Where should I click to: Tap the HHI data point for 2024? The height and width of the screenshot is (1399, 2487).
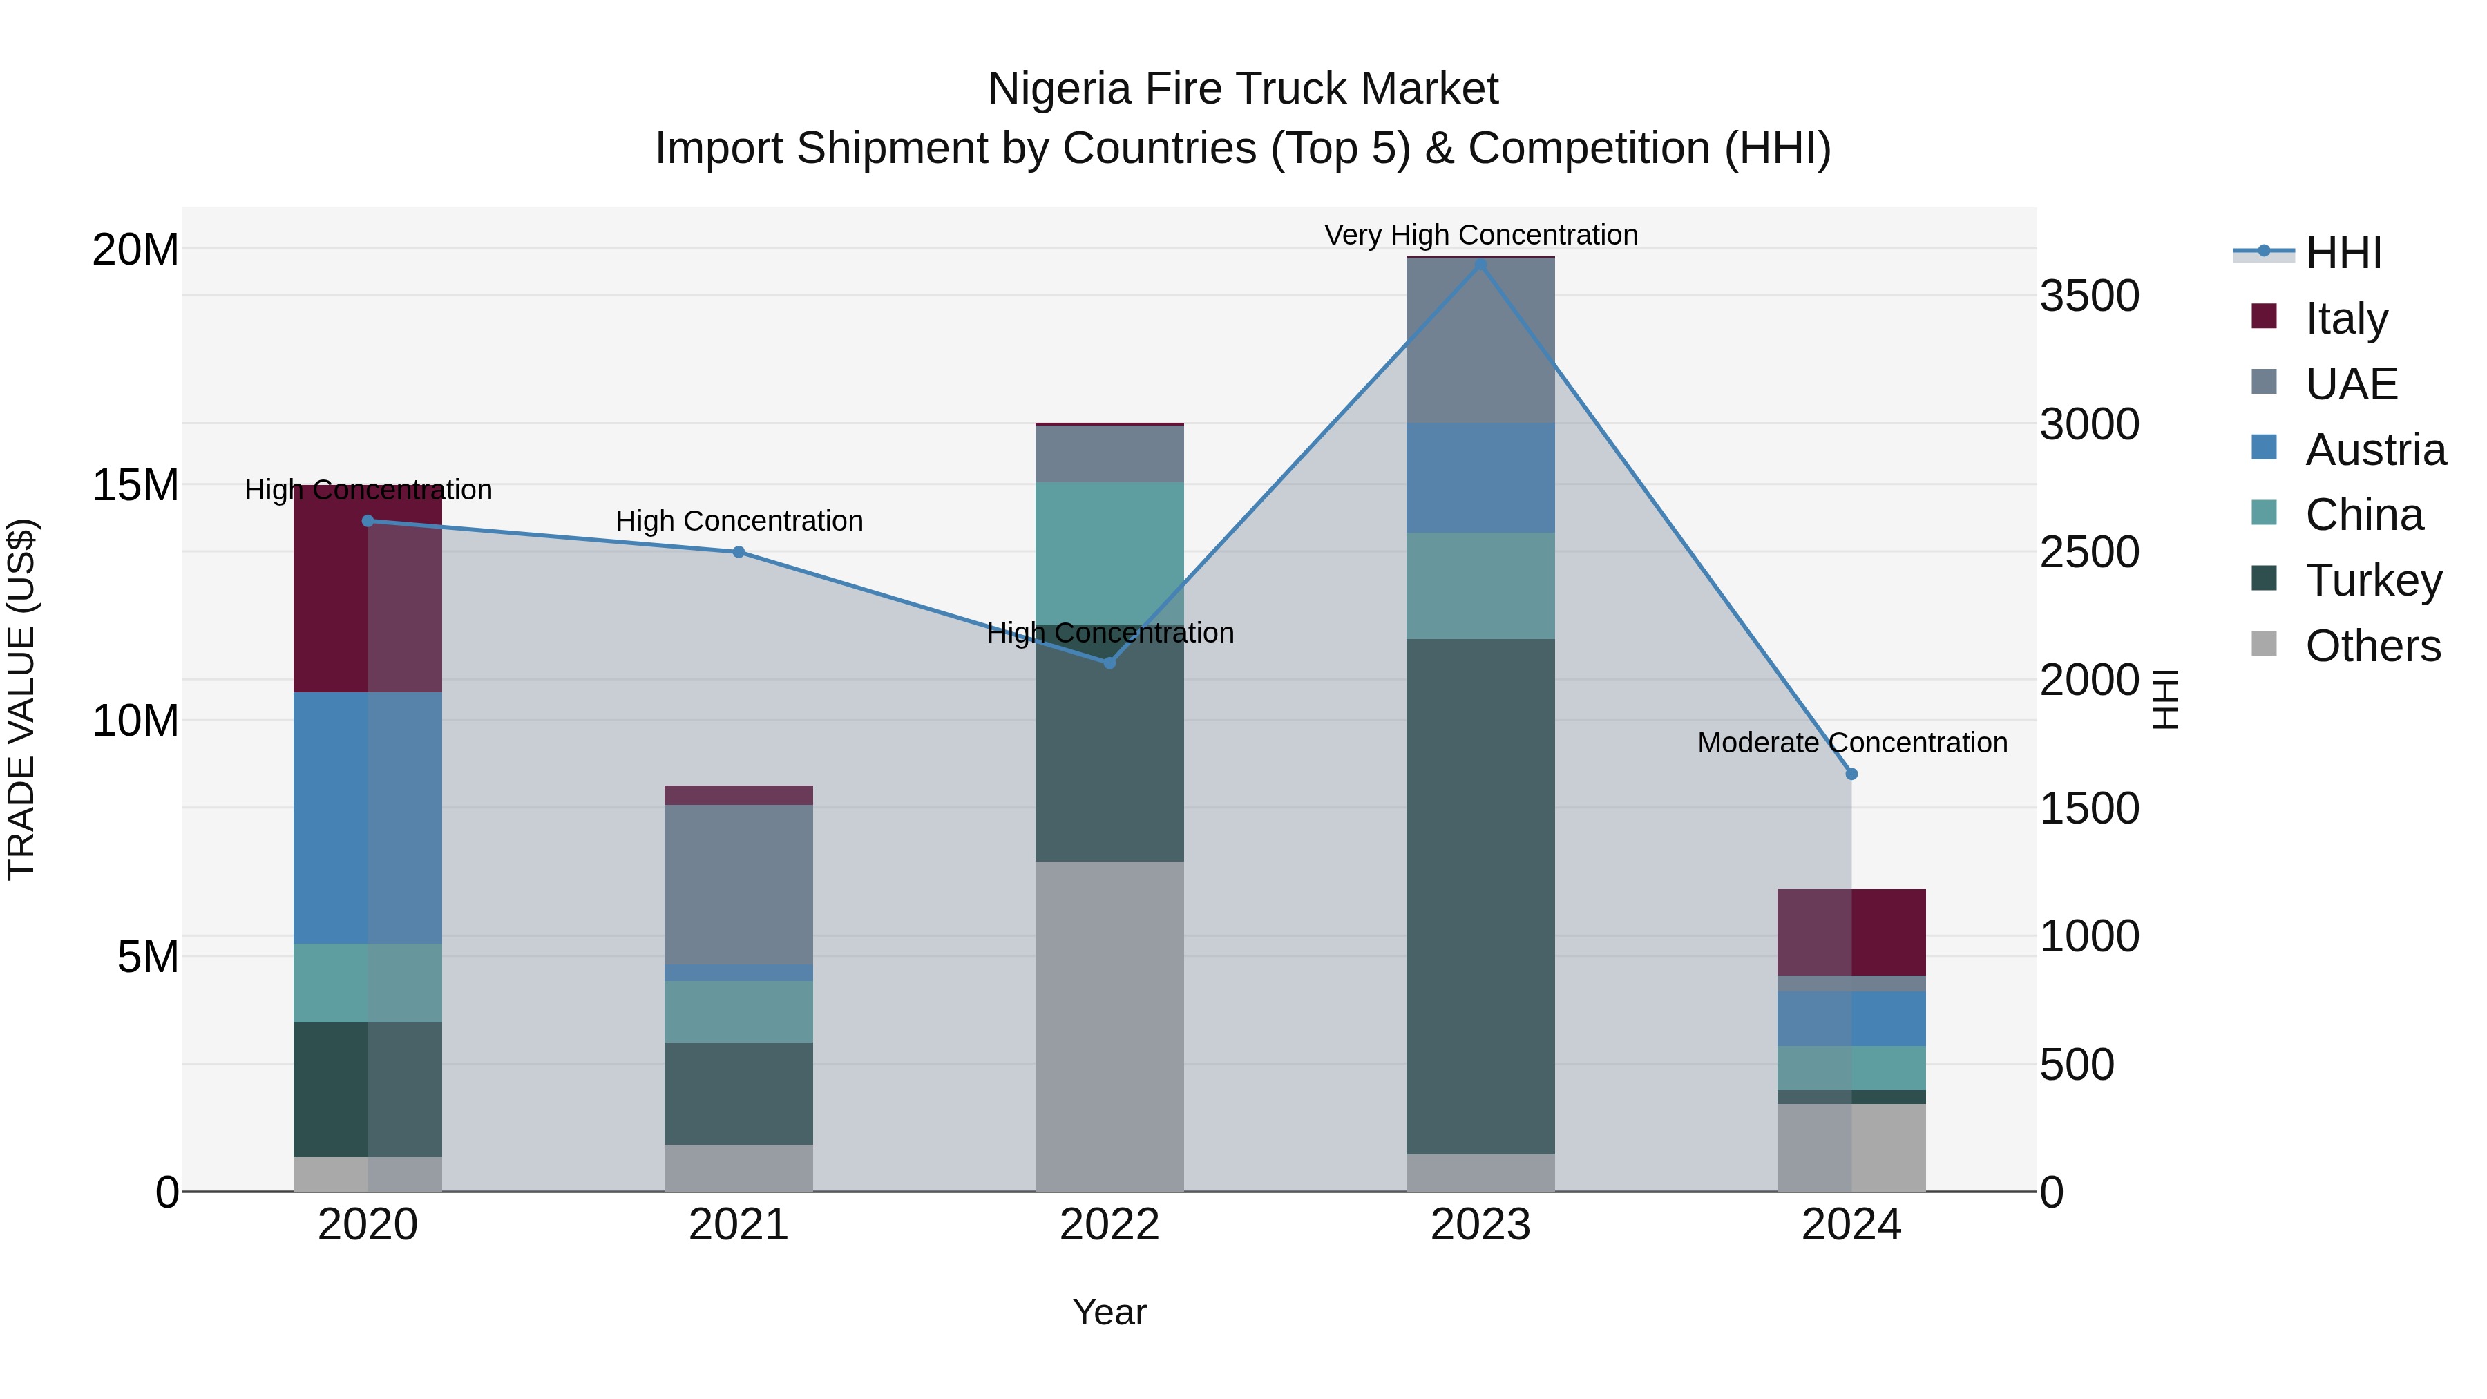click(1851, 773)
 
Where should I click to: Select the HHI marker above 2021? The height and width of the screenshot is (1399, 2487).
click(739, 552)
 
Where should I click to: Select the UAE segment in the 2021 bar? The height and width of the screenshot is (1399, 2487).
click(739, 884)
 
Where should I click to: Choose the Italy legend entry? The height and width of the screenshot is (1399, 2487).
click(2346, 318)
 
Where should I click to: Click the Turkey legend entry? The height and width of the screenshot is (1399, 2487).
click(2373, 580)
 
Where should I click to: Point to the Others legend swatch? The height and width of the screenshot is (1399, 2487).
click(2263, 644)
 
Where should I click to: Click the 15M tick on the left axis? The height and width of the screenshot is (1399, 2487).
click(135, 485)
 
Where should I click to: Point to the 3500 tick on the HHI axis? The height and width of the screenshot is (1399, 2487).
click(2089, 296)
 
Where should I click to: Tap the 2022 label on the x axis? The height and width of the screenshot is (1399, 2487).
click(1109, 1224)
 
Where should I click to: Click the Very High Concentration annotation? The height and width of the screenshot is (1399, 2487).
click(1480, 235)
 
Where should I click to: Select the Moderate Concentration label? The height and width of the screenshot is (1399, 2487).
click(1851, 743)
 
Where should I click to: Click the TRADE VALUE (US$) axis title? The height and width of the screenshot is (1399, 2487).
click(21, 699)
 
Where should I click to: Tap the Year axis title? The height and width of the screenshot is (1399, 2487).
click(1109, 1312)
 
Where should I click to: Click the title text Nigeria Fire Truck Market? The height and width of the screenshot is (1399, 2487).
click(1243, 89)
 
